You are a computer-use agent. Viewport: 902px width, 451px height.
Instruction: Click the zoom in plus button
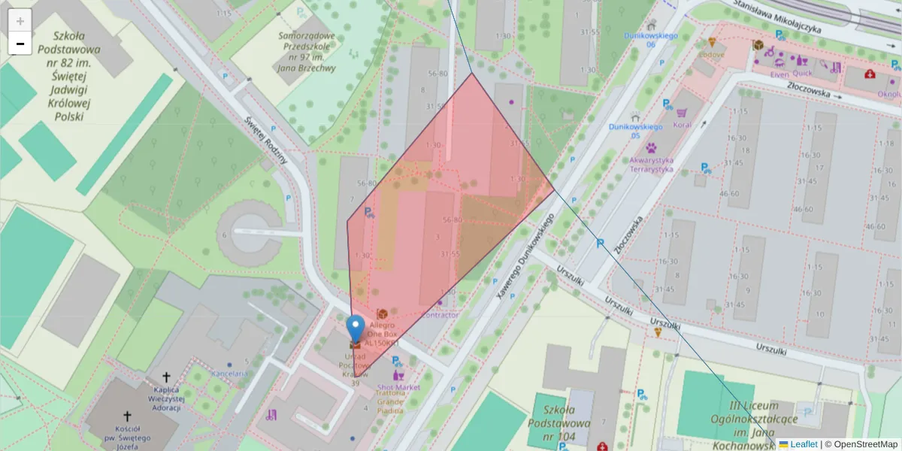(x=20, y=21)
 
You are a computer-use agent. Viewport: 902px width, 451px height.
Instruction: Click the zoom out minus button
(x=20, y=44)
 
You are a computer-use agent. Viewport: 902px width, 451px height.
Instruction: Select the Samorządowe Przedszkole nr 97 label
(x=306, y=51)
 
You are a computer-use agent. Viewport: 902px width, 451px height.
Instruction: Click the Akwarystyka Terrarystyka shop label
(x=651, y=165)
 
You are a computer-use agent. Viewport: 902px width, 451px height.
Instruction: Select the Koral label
(x=683, y=126)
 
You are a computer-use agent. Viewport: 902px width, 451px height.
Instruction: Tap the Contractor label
(x=439, y=315)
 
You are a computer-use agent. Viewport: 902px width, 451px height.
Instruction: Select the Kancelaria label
(x=229, y=374)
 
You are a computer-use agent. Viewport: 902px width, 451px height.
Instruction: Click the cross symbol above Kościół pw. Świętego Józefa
(x=127, y=416)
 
